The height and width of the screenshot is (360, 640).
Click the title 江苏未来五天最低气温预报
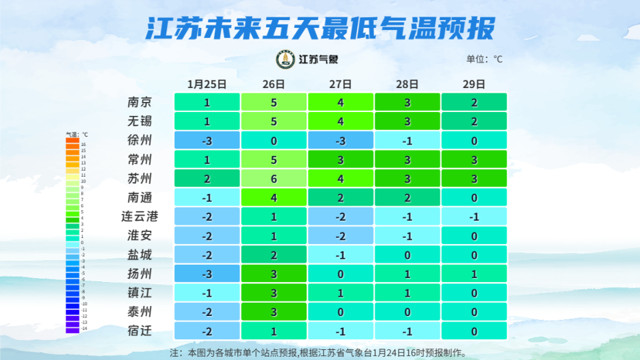(320, 29)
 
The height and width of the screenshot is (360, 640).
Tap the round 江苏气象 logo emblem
(285, 59)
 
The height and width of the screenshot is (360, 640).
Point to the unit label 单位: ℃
(484, 59)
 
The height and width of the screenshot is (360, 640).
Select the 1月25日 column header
(207, 84)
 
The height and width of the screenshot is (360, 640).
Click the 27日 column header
(340, 84)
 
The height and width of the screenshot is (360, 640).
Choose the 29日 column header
(473, 84)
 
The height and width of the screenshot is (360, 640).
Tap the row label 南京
(140, 103)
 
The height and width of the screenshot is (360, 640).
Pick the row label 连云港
(140, 217)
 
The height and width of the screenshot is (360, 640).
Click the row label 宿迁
(140, 331)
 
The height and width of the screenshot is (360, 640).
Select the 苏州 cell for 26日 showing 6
(273, 179)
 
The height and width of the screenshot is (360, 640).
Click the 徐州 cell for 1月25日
(207, 141)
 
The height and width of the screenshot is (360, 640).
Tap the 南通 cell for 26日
(273, 197)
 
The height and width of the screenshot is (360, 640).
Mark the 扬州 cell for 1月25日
(207, 273)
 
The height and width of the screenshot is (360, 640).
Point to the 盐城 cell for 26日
(273, 255)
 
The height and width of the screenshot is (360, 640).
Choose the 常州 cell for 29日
(473, 159)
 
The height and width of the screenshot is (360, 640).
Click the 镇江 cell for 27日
(340, 293)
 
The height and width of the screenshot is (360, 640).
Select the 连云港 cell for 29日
(473, 217)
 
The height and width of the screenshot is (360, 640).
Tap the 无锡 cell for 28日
(407, 121)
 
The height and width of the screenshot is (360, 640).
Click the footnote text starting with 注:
(318, 352)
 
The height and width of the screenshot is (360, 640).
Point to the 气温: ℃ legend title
(77, 135)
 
